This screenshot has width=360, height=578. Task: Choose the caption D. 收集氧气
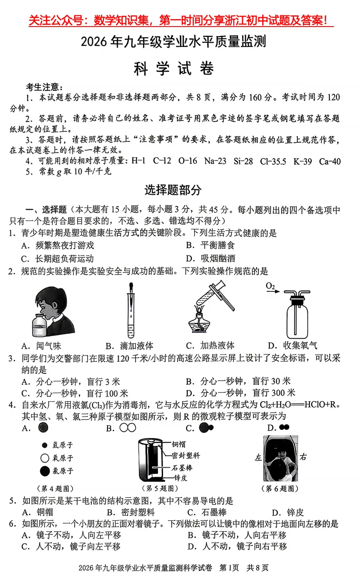click(292, 345)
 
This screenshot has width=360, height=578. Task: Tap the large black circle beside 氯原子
click(44, 471)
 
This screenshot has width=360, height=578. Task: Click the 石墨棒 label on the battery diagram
click(182, 468)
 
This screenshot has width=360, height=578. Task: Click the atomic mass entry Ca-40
click(330, 161)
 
